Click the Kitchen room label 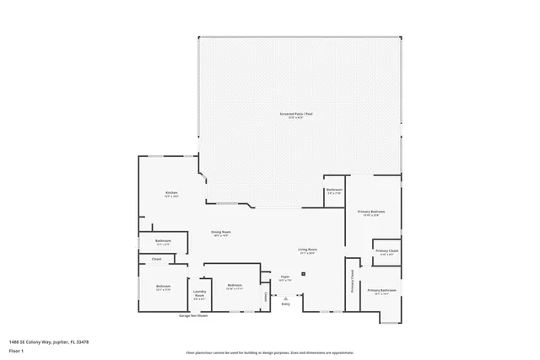click(171, 194)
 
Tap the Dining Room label click(221, 232)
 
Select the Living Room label click(307, 250)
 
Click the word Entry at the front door click(286, 304)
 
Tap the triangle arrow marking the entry click(286, 298)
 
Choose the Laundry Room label click(199, 294)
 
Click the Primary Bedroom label click(371, 212)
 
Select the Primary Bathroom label click(381, 290)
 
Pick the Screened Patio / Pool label click(292, 115)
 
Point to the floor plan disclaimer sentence click(269, 352)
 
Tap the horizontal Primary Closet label click(387, 251)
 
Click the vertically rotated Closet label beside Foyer click(264, 296)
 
